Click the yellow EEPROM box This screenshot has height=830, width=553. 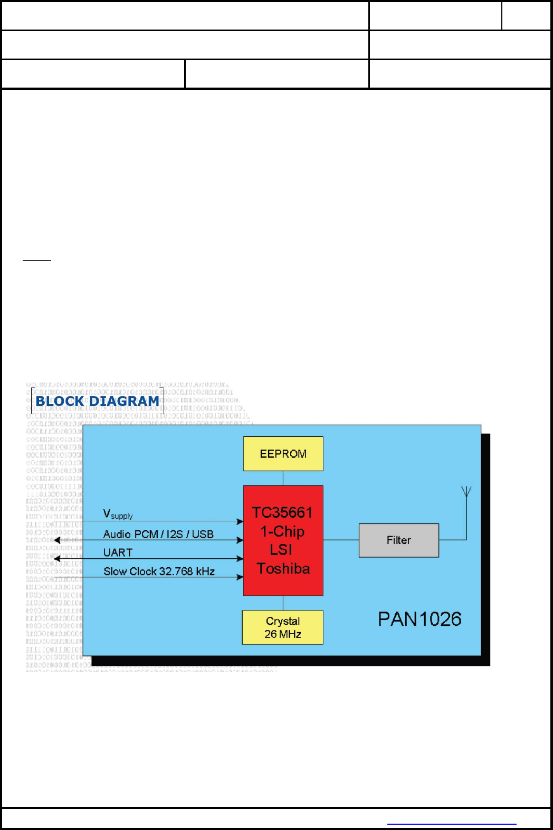tap(283, 453)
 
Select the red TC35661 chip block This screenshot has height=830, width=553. tap(283, 540)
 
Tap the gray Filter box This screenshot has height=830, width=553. tap(398, 540)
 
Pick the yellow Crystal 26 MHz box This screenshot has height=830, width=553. tap(282, 627)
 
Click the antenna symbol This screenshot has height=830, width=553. tap(466, 492)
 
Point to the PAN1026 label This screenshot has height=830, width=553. tap(419, 619)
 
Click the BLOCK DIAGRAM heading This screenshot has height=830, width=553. tap(97, 401)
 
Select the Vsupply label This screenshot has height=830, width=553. tap(118, 514)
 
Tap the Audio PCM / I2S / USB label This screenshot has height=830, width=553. tap(158, 534)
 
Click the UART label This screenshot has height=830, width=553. tap(118, 552)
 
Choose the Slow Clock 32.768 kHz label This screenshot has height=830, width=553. tap(159, 571)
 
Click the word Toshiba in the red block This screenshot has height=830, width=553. tap(283, 569)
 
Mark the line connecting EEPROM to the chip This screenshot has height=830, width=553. tap(283, 478)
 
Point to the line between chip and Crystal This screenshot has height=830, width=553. tap(283, 603)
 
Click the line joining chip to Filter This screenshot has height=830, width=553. tap(341, 540)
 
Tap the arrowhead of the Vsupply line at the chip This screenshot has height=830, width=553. tap(240, 522)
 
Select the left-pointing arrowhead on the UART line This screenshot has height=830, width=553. tap(57, 558)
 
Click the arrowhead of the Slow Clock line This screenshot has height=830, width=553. tap(240, 577)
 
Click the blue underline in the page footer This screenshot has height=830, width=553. tap(452, 824)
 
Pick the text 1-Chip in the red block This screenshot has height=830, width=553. tap(282, 531)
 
